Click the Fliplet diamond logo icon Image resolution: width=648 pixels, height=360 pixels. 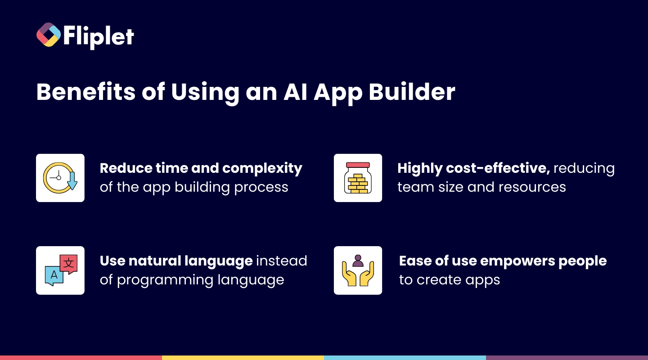click(49, 35)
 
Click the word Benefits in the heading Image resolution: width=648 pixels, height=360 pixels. click(86, 92)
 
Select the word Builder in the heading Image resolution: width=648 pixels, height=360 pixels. click(412, 92)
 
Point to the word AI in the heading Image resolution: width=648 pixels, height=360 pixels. click(295, 92)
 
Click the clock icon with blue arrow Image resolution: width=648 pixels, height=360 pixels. click(60, 178)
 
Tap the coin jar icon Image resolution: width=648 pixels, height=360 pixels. click(358, 178)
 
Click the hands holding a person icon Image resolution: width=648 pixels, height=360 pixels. click(358, 270)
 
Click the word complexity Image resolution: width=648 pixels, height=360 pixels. click(262, 168)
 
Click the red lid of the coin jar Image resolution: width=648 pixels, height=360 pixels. click(358, 165)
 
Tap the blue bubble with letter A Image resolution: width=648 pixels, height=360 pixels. click(54, 276)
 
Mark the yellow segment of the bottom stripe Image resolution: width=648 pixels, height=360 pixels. click(243, 358)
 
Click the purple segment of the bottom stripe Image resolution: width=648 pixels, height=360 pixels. click(567, 358)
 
